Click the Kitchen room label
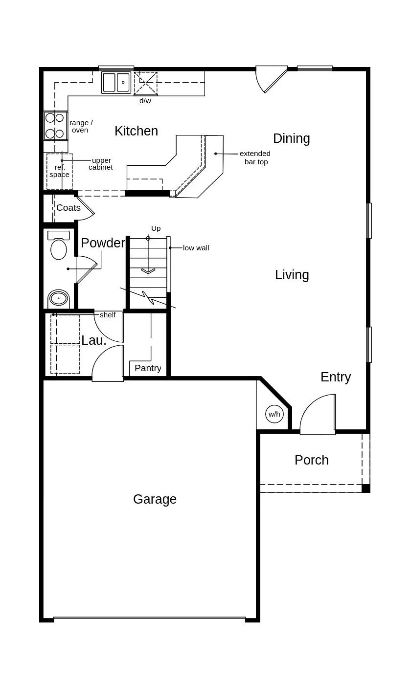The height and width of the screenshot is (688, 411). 136,131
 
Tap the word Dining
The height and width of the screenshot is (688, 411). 292,139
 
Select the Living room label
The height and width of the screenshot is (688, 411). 292,275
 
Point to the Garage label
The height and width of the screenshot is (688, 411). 155,499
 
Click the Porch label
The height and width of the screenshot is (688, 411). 311,460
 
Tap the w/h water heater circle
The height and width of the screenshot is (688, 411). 274,414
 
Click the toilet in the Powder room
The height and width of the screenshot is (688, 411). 58,245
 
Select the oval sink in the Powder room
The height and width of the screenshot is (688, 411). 58,298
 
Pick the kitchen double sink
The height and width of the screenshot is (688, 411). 116,82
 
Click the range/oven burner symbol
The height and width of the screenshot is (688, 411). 55,126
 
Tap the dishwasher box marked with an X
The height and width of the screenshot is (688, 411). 145,83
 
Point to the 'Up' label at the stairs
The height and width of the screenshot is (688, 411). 156,228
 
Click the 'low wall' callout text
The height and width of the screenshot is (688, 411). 196,248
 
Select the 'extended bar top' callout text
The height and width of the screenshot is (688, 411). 255,157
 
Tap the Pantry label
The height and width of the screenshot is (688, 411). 148,368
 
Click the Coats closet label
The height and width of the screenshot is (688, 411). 68,208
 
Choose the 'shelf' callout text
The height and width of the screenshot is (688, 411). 108,315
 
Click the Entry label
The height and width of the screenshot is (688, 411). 336,377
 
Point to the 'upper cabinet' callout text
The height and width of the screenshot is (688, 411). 101,164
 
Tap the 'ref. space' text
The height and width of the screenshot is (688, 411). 59,171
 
